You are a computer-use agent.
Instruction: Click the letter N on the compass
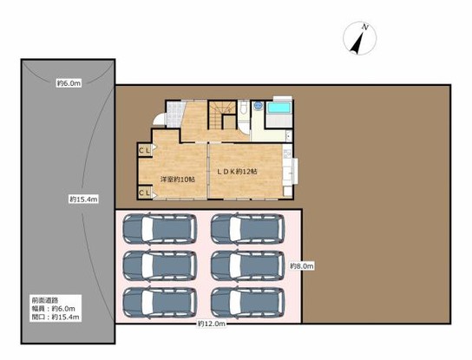(365, 28)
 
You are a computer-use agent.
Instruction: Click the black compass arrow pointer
(357, 43)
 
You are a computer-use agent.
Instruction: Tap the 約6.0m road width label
(69, 83)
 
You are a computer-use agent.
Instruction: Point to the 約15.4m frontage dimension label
(83, 199)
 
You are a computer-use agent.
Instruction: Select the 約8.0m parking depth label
(302, 266)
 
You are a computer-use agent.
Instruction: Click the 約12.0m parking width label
(212, 324)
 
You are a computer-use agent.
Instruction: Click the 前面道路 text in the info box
(45, 300)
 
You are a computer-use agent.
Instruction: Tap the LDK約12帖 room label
(238, 172)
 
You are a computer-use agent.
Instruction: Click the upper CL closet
(144, 150)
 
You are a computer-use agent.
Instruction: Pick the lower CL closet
(144, 193)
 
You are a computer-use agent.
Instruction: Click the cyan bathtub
(279, 108)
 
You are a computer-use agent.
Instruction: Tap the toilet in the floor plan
(243, 108)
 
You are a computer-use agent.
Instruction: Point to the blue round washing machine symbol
(258, 106)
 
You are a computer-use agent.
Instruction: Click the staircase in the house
(222, 115)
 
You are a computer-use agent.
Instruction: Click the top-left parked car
(160, 229)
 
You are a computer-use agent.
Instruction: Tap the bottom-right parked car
(247, 303)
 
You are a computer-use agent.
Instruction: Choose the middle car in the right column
(247, 265)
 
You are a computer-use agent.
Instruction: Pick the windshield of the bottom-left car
(147, 303)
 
